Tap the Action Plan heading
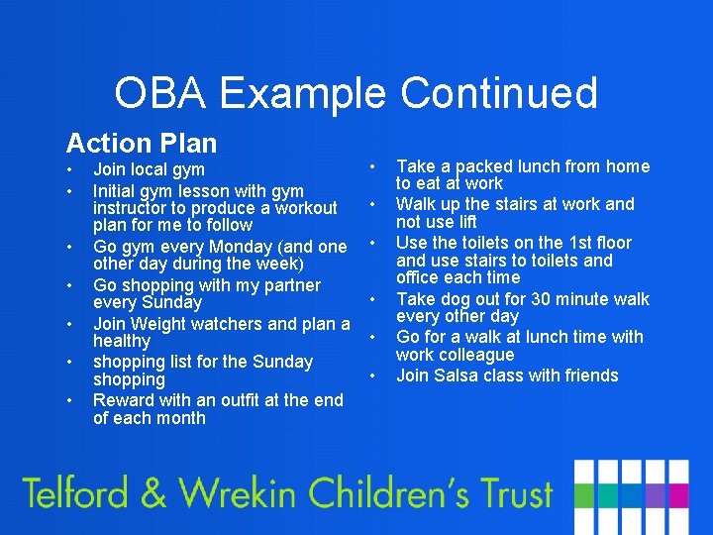tap(141, 144)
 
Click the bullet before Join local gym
tap(70, 169)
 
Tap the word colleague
tap(476, 355)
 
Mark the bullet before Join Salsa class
tap(373, 374)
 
